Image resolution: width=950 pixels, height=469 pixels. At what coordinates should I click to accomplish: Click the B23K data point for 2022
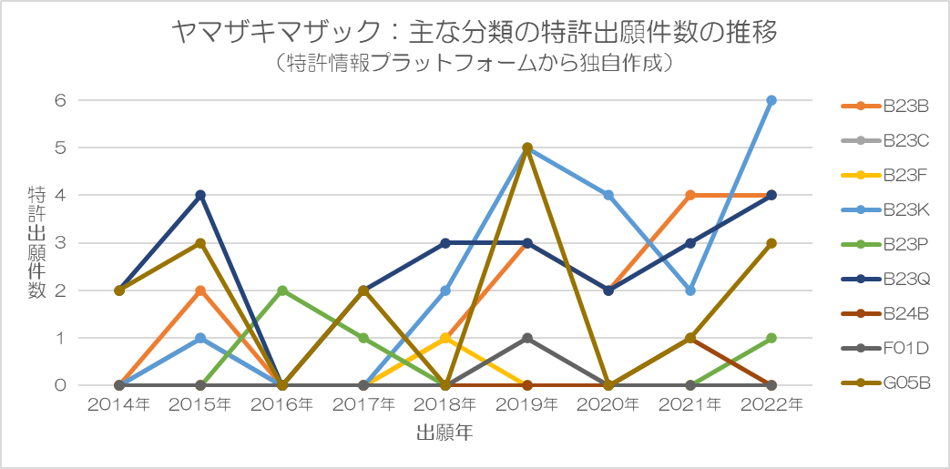tap(771, 100)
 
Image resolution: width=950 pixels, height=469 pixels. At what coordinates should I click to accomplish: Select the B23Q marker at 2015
tap(200, 195)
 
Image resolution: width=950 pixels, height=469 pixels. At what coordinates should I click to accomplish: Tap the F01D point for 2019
tap(527, 338)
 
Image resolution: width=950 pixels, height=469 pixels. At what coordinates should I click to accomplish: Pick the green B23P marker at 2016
tap(282, 291)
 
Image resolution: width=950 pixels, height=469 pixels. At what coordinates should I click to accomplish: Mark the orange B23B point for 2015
tap(200, 291)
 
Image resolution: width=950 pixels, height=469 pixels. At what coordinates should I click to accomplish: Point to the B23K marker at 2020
tap(608, 195)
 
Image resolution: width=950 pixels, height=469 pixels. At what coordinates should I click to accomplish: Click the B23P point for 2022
tap(771, 338)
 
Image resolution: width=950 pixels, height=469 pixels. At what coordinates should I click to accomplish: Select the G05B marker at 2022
tap(771, 243)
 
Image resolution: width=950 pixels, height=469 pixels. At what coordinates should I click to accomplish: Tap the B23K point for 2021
tap(690, 291)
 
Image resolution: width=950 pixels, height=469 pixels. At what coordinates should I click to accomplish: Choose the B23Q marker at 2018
tap(445, 243)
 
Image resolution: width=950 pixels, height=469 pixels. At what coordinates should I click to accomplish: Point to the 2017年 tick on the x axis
tap(363, 404)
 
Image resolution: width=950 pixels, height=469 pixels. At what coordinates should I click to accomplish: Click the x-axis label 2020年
tap(608, 404)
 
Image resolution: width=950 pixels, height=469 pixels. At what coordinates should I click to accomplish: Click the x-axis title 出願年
tap(444, 433)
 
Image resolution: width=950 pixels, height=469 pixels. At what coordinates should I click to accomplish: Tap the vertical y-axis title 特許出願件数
tap(36, 242)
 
